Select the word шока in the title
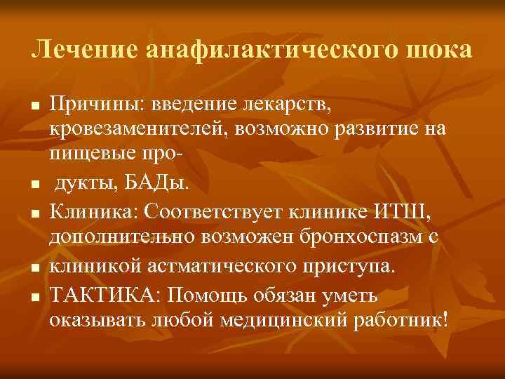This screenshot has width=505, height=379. coord(439,51)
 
